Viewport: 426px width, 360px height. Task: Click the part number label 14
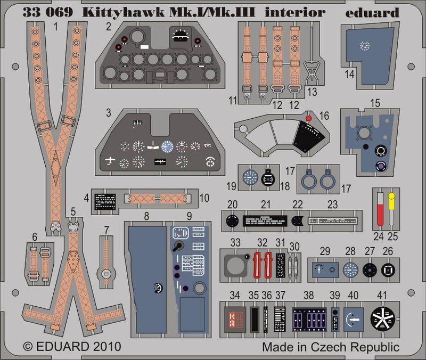[x=349, y=75]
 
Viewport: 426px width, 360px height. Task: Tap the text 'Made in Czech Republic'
[x=330, y=347]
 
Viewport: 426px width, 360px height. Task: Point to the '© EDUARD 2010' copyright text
[x=72, y=347]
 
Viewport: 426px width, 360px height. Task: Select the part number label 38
[x=308, y=296]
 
